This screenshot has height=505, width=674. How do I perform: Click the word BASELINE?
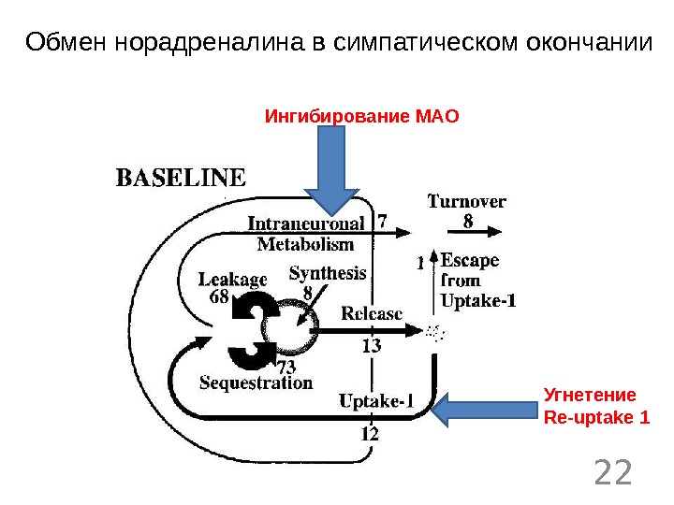click(x=181, y=177)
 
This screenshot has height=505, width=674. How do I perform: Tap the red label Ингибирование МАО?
click(x=363, y=118)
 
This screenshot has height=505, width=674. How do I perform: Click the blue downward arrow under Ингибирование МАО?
click(x=333, y=172)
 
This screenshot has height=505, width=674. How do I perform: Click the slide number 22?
click(x=613, y=472)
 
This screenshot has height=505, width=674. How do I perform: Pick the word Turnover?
click(x=467, y=201)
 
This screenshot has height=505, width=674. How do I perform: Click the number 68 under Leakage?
click(x=219, y=296)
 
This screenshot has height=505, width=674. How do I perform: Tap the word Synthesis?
click(x=328, y=274)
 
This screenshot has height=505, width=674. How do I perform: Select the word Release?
click(x=372, y=313)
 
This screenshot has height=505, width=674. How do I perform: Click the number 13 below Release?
click(x=371, y=346)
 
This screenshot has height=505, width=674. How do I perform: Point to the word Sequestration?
click(x=256, y=382)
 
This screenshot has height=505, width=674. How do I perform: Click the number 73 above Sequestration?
click(x=287, y=366)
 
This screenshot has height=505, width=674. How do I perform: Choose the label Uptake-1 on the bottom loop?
click(x=376, y=402)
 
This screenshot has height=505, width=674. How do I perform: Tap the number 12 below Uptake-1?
click(x=370, y=433)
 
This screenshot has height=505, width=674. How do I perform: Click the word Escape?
click(x=470, y=260)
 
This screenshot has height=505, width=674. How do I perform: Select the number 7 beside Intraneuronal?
click(x=382, y=222)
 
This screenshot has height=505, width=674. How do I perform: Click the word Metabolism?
click(x=305, y=245)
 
